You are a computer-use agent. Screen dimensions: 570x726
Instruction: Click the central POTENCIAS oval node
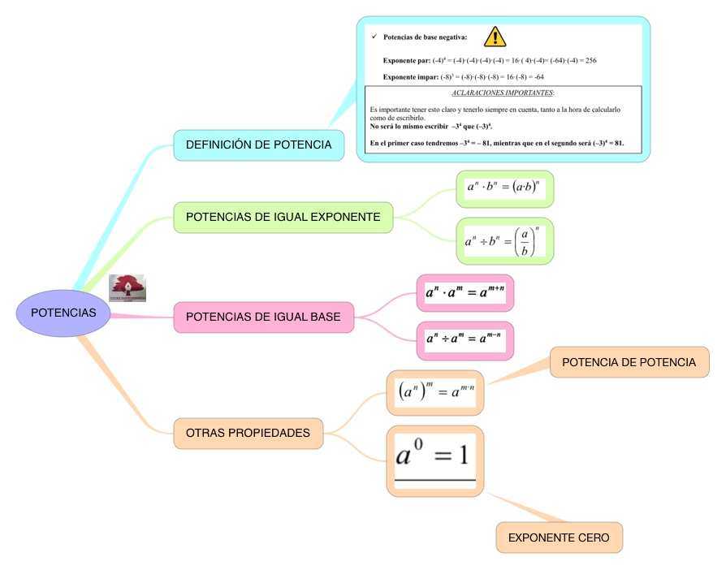coord(63,313)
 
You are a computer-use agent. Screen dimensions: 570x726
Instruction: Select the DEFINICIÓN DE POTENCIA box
coord(258,145)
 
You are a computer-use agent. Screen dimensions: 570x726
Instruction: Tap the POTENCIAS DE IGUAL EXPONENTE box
coord(283,218)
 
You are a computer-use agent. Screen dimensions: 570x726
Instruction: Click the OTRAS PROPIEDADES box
coord(248,433)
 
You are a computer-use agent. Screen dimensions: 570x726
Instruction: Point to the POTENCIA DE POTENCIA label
coord(629,362)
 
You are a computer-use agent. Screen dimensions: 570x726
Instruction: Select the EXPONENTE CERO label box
coord(559,538)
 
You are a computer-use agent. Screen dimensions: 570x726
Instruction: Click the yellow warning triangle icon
coord(495,37)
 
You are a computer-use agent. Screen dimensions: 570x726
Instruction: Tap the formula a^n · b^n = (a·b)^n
coord(504,188)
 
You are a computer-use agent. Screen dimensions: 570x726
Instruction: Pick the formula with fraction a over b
coord(504,241)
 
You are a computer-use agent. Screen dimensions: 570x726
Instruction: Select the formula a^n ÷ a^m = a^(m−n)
coord(465,337)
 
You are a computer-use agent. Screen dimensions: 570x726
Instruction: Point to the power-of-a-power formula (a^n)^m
coord(435,392)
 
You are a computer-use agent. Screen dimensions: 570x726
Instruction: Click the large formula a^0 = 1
coord(434,456)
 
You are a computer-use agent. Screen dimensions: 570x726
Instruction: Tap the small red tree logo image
coord(127,288)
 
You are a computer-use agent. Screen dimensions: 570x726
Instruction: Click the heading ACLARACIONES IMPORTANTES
coord(503,93)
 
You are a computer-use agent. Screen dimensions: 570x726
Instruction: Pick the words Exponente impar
coord(410,77)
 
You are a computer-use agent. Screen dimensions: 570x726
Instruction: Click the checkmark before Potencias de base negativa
coord(374,37)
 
